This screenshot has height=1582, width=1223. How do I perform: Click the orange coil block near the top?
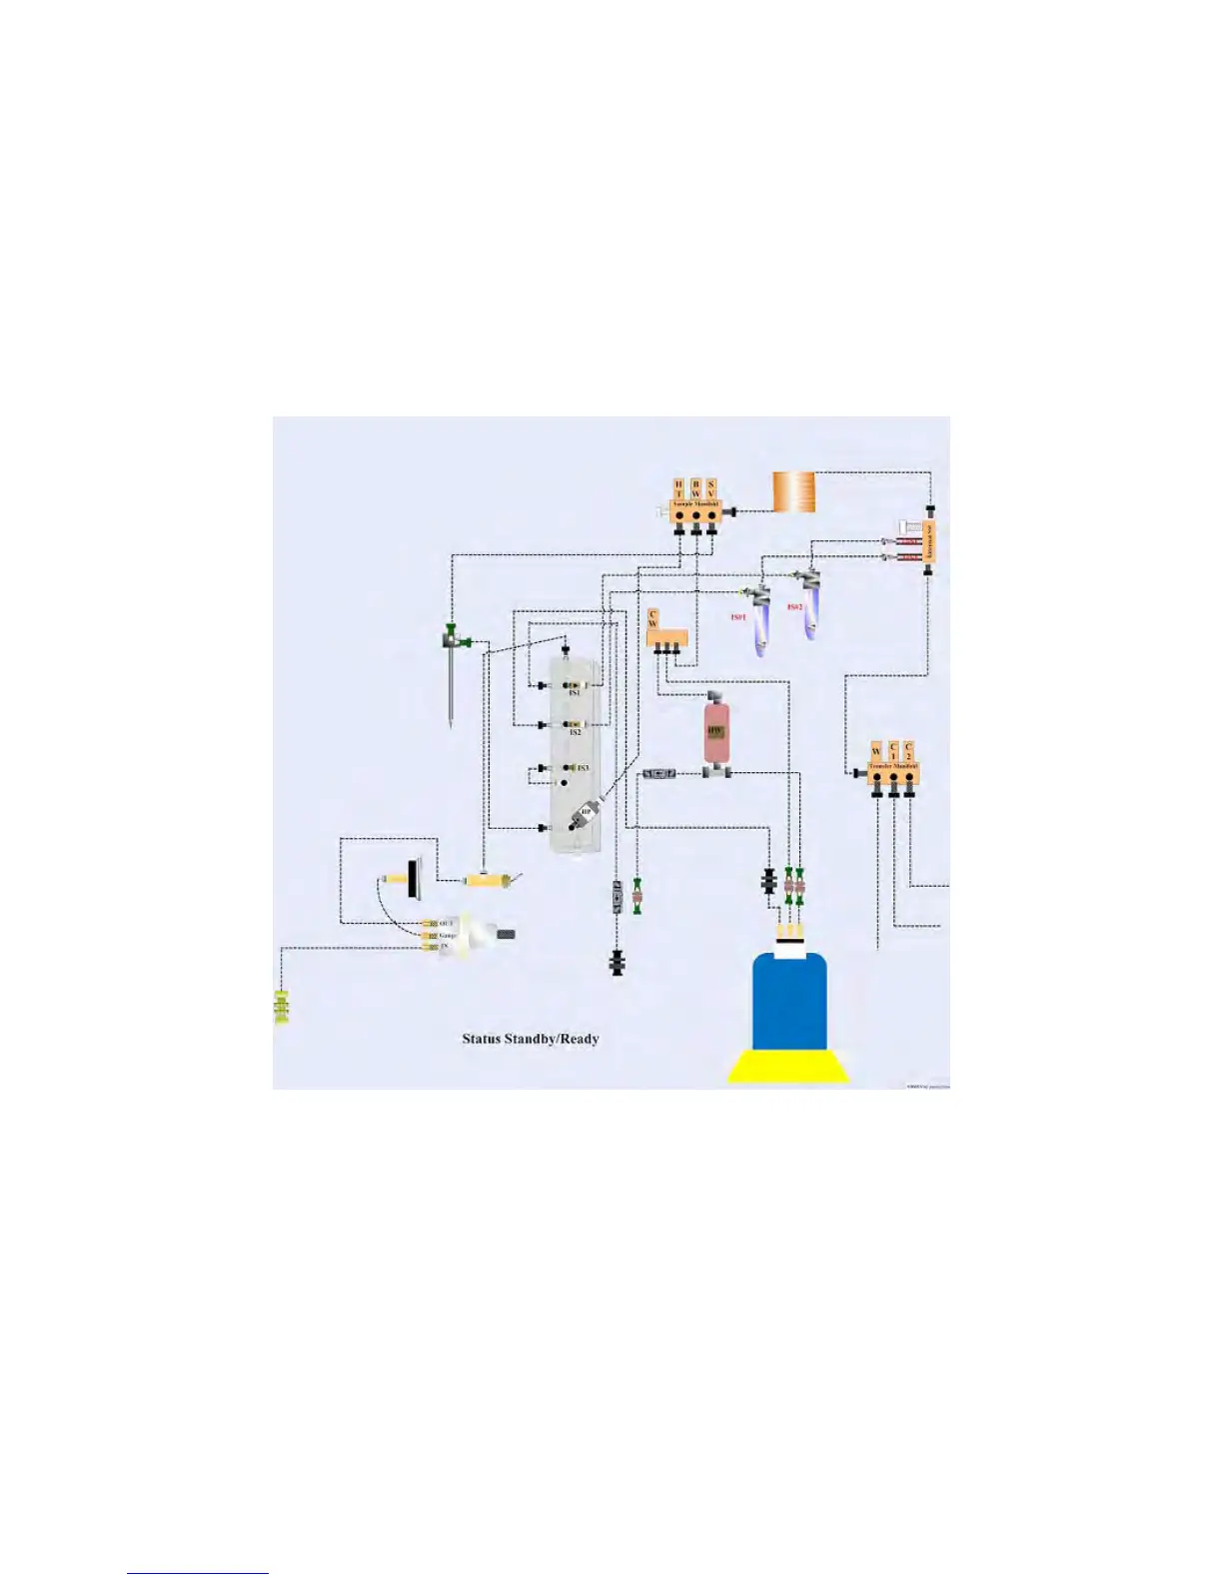[x=793, y=492]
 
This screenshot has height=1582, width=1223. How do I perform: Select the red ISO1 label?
[x=738, y=618]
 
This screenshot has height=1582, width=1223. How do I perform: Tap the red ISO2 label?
[x=794, y=607]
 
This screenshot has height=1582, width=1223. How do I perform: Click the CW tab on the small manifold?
[x=652, y=619]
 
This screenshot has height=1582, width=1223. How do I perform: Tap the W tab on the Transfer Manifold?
[x=876, y=751]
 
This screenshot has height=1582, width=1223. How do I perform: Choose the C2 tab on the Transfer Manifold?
[x=908, y=750]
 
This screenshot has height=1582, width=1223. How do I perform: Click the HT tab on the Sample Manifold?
[x=679, y=488]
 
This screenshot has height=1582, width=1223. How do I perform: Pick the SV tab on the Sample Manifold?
[x=711, y=488]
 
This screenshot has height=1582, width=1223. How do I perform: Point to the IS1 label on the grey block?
[x=576, y=691]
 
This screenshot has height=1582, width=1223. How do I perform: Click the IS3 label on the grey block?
[x=583, y=768]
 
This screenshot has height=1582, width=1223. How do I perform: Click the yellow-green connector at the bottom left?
[x=282, y=1008]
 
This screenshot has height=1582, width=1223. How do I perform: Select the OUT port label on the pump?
[x=446, y=923]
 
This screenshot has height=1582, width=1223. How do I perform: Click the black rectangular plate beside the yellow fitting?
[x=413, y=879]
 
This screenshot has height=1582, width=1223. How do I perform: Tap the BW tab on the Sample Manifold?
[x=695, y=488]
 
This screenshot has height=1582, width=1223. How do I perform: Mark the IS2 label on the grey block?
[x=576, y=732]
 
